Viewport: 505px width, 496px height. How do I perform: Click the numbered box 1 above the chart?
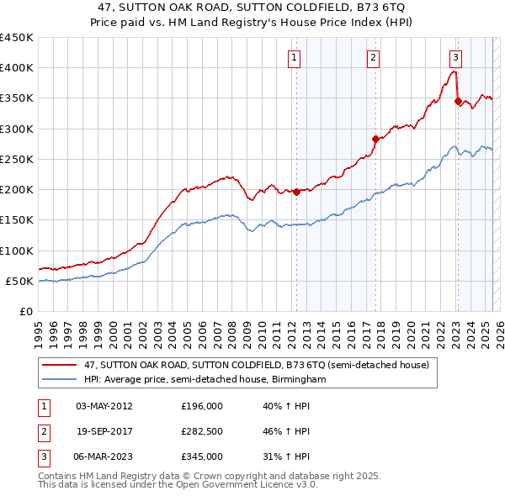tap(295, 58)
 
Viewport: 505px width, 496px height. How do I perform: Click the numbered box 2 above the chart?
tap(372, 58)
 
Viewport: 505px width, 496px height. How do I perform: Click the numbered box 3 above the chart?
tap(455, 58)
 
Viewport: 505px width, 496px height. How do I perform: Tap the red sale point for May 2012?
tap(296, 192)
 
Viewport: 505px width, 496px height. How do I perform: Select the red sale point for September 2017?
tap(376, 140)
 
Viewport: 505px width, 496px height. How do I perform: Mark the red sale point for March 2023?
tap(458, 101)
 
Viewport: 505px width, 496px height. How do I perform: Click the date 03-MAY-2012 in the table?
tap(104, 406)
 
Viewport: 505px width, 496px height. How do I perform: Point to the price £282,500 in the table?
tap(202, 431)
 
